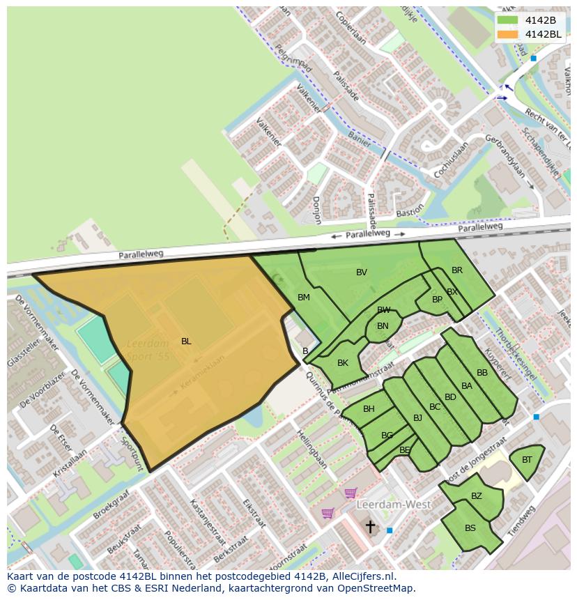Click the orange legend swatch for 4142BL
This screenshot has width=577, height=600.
508,34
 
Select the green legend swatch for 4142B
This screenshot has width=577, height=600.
508,20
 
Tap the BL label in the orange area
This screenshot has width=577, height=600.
186,341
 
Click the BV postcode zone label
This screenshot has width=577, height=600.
361,272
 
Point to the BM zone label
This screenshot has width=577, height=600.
304,298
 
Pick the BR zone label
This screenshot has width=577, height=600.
457,270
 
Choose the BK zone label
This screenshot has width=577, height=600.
342,363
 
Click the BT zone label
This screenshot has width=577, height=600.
527,460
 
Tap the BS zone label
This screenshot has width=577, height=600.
470,528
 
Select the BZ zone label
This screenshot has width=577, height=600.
477,496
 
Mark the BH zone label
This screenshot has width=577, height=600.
369,409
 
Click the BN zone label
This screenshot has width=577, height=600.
383,325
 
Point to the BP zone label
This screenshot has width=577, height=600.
437,300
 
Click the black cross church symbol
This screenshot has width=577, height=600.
371,526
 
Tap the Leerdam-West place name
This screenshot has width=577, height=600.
394,504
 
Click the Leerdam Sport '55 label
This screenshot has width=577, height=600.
148,350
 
